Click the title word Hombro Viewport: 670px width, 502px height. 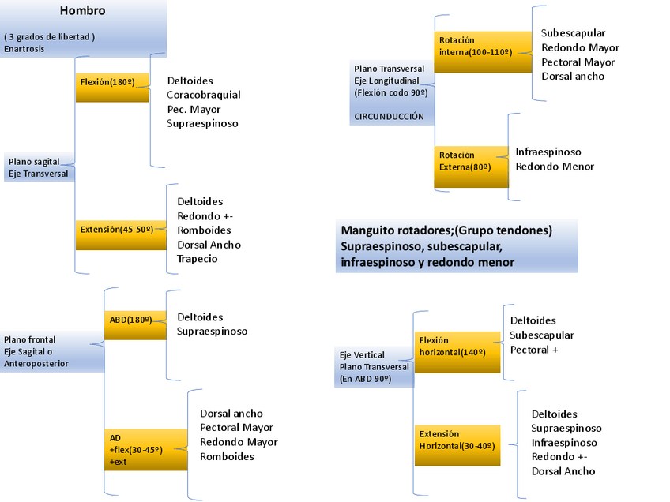point(83,11)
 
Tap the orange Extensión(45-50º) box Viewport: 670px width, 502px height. point(121,235)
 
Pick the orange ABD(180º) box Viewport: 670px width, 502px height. point(134,324)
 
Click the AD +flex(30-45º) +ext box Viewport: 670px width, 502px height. point(145,450)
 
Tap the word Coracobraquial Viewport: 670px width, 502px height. point(204,95)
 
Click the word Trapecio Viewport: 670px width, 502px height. point(198,259)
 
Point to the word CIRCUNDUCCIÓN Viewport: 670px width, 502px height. point(389,117)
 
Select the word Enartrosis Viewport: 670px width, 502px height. point(24,49)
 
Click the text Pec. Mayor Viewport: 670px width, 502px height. point(194,109)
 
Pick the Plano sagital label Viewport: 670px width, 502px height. point(33,161)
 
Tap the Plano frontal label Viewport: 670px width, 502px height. point(30,339)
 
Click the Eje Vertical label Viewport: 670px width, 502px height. point(362,354)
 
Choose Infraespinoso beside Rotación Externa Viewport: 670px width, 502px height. point(548,152)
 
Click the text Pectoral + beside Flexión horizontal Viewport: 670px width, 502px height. point(534,349)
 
